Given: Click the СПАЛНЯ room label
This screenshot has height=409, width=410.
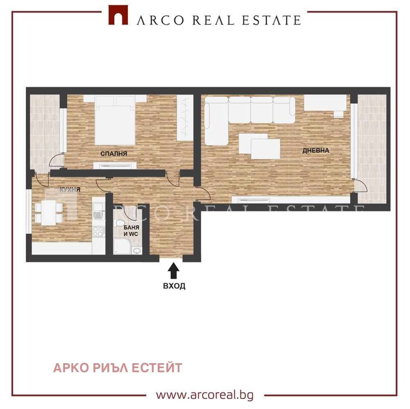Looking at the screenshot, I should click(114, 154).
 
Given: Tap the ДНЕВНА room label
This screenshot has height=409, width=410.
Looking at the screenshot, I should click(315, 151).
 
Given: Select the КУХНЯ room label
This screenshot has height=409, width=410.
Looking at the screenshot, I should click(70, 190).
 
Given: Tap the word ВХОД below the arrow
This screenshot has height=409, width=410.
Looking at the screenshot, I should click(174, 286).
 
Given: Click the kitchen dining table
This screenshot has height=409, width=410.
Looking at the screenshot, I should click(49, 213).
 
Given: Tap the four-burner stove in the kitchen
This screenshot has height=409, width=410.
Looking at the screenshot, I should click(98, 231).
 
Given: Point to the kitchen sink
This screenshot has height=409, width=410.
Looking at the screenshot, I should click(98, 212).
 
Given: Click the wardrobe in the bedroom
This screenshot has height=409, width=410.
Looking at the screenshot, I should click(185, 119).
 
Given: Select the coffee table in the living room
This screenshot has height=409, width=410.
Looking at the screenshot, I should click(260, 146).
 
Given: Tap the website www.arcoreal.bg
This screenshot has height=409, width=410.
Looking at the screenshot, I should click(204, 395).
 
